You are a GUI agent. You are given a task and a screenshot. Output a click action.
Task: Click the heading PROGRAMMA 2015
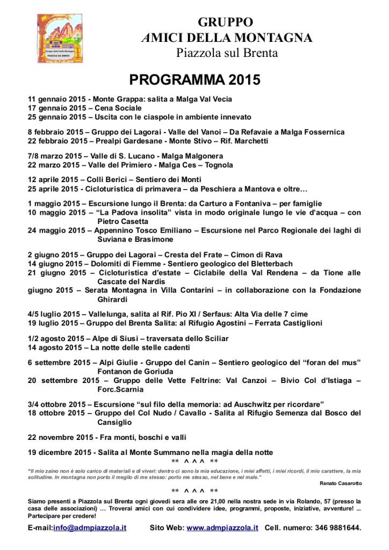pos(195,80)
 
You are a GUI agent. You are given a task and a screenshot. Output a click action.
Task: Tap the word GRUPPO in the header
pos(225,22)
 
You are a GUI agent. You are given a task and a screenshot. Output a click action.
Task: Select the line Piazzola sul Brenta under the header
pos(227,53)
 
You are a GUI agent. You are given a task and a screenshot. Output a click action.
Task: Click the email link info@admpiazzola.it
pos(90,527)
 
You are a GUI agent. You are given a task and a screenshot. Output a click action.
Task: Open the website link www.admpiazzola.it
pos(222,527)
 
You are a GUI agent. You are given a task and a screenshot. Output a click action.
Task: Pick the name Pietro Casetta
pos(123,221)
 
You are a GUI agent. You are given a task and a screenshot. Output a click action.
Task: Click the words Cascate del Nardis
pos(131,281)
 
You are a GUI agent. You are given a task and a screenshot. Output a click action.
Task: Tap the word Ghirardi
pos(112,299)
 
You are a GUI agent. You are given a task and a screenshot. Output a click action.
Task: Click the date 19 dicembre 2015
pos(60,452)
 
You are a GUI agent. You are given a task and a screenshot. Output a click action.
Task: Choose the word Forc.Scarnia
pos(120,389)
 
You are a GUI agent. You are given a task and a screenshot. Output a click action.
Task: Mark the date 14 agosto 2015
pos(55,347)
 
